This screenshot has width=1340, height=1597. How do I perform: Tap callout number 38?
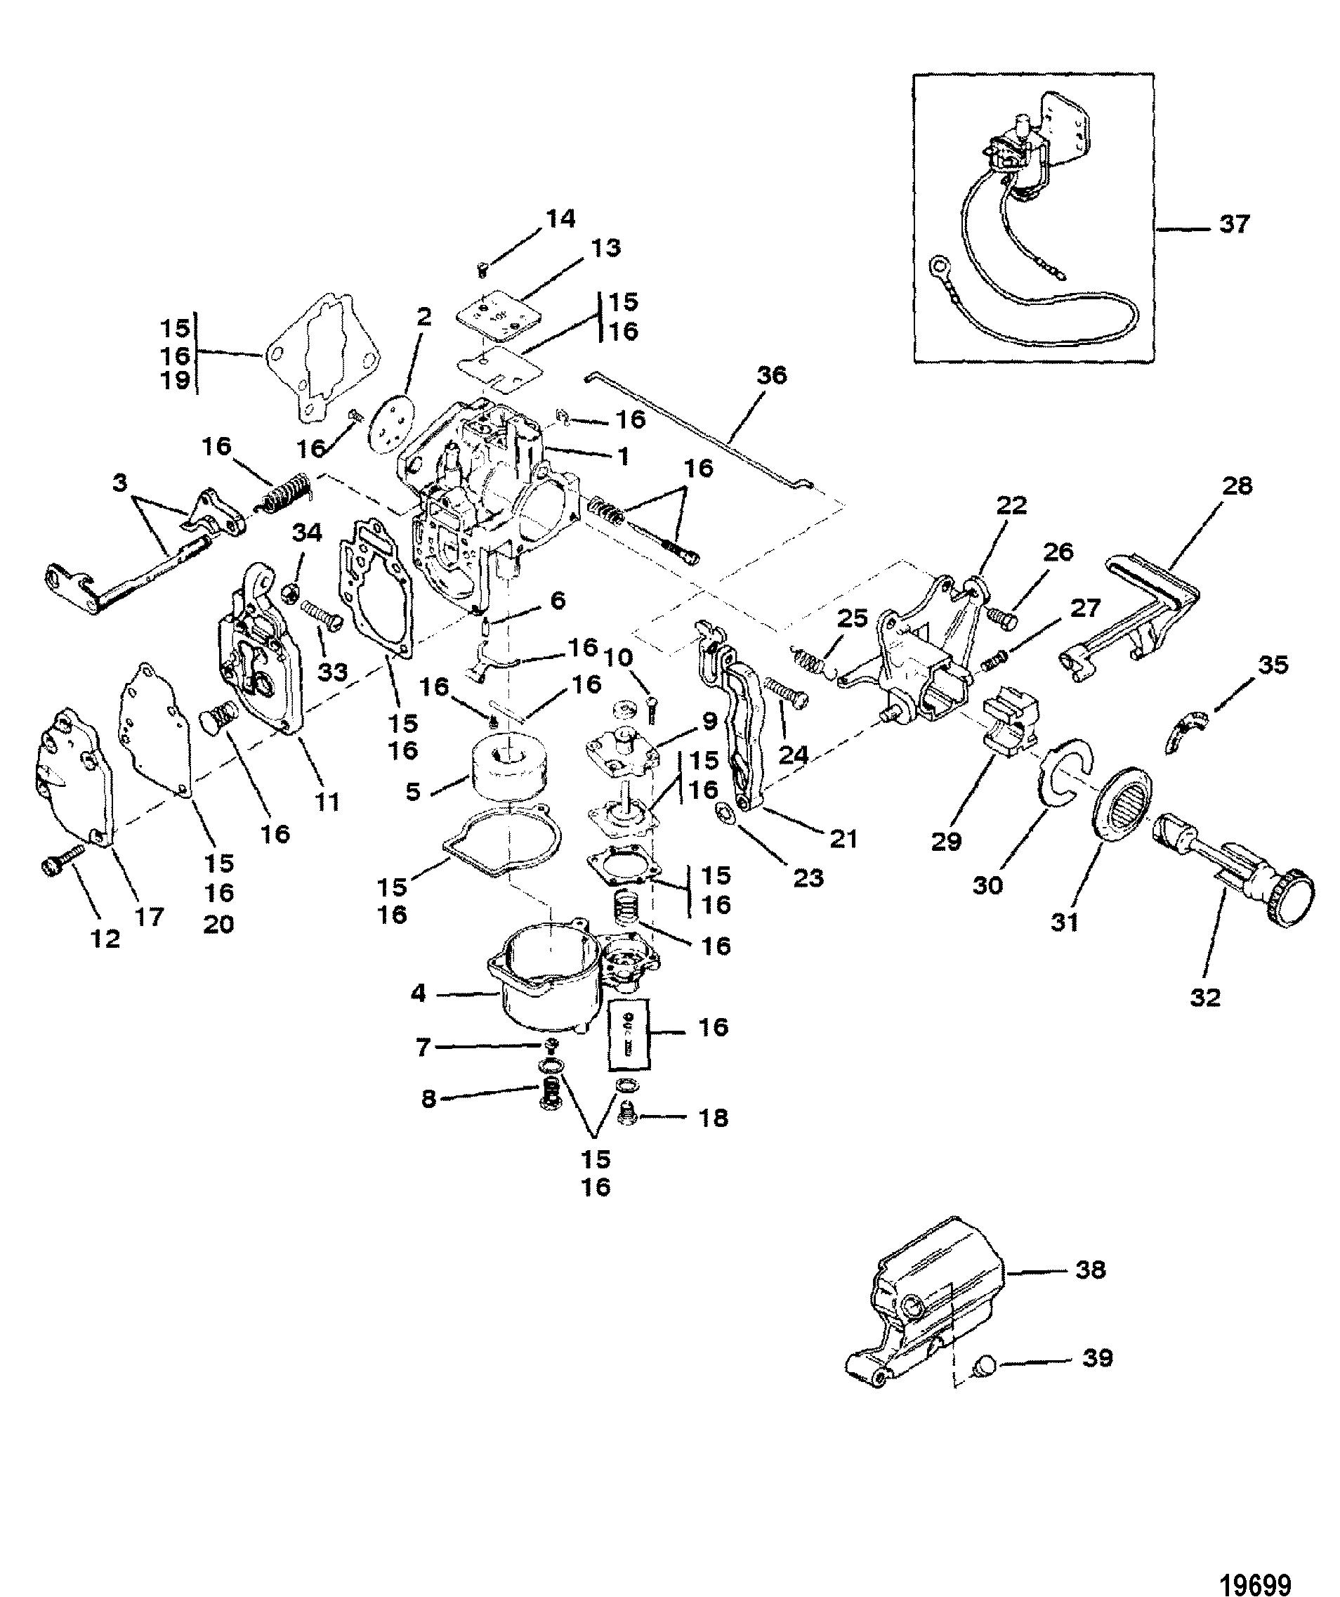[x=1090, y=1268]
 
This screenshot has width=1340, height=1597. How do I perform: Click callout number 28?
[x=1236, y=485]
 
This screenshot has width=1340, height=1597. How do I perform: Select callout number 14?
[x=560, y=219]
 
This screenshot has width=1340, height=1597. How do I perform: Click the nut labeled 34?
[x=289, y=592]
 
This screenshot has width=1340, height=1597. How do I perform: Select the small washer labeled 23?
[x=725, y=815]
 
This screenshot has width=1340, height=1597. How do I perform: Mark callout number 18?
[x=711, y=1117]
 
